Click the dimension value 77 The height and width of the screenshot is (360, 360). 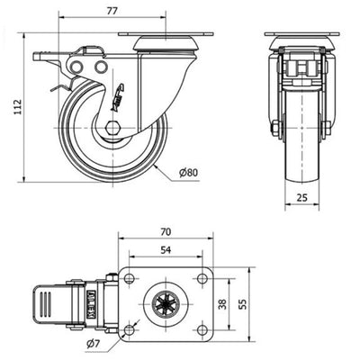click(112, 11)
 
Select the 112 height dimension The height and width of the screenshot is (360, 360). click(18, 106)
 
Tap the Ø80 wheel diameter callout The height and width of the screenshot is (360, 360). click(189, 173)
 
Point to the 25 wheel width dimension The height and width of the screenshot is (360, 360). click(301, 197)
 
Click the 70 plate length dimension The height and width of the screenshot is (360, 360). click(166, 232)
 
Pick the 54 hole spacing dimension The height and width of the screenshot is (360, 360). click(166, 249)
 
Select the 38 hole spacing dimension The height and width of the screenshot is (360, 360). click(222, 304)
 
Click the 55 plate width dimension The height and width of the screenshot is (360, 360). click(243, 304)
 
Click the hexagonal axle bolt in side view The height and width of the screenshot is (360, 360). click(112, 128)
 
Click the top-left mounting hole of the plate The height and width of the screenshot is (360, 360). click(129, 279)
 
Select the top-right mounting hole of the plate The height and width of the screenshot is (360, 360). click(202, 279)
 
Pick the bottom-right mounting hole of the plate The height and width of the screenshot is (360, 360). click(202, 330)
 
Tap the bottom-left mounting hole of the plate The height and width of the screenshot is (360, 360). click(129, 330)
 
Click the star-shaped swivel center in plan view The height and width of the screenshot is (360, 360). click(166, 304)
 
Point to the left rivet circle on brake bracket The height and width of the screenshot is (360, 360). click(77, 67)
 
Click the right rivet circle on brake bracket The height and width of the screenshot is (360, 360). click(101, 67)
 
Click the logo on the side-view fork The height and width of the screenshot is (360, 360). click(118, 97)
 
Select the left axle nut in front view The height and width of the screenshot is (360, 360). click(274, 128)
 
